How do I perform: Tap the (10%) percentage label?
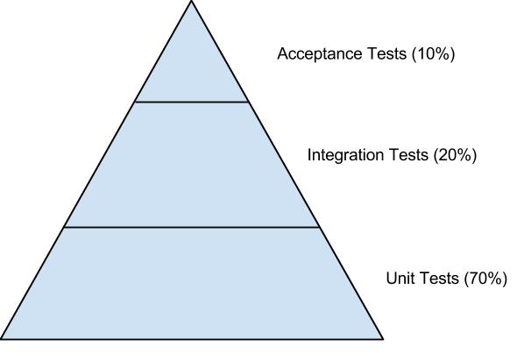433,54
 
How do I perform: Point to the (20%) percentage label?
455,155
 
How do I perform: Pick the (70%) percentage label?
485,279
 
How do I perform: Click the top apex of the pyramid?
191,1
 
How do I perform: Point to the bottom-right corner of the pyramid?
383,339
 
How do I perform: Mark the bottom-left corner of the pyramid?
1,339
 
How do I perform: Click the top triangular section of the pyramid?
192,69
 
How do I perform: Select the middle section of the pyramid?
192,165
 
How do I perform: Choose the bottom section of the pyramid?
192,284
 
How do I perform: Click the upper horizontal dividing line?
192,102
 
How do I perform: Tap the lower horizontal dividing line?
192,227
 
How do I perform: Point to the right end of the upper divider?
248,102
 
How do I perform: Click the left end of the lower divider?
64,227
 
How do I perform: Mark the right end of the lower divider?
319,227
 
